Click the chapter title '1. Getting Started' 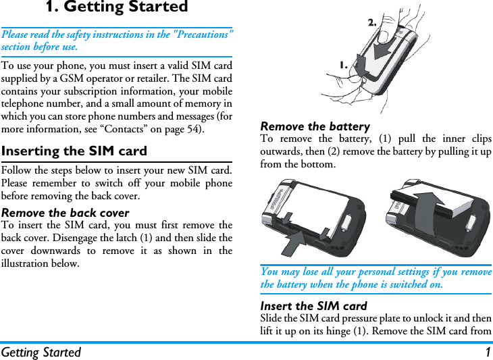click(117, 8)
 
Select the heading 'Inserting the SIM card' click(74, 151)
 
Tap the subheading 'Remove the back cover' click(66, 213)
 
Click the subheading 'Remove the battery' click(315, 126)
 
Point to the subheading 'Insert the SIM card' click(313, 306)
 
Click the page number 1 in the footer click(486, 352)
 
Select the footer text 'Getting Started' click(41, 352)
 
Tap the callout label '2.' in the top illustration click(372, 22)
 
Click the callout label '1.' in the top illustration click(344, 65)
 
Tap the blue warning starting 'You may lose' click(375, 278)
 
